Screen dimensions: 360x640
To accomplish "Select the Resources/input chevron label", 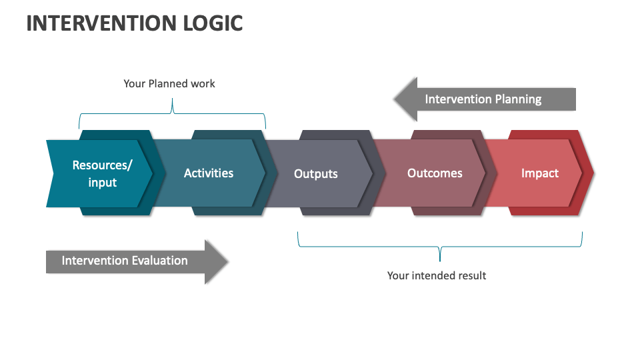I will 102,173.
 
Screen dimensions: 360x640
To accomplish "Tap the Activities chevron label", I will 209,173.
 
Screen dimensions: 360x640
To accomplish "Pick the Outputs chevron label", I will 316,174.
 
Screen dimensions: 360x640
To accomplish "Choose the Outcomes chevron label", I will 435,173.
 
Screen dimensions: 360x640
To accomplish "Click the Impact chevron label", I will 540,173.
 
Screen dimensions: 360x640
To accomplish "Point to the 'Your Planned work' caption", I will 169,84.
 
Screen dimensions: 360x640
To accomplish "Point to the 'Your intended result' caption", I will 437,275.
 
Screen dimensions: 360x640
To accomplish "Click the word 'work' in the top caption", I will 203,84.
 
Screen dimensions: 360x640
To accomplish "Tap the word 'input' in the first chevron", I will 102,182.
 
